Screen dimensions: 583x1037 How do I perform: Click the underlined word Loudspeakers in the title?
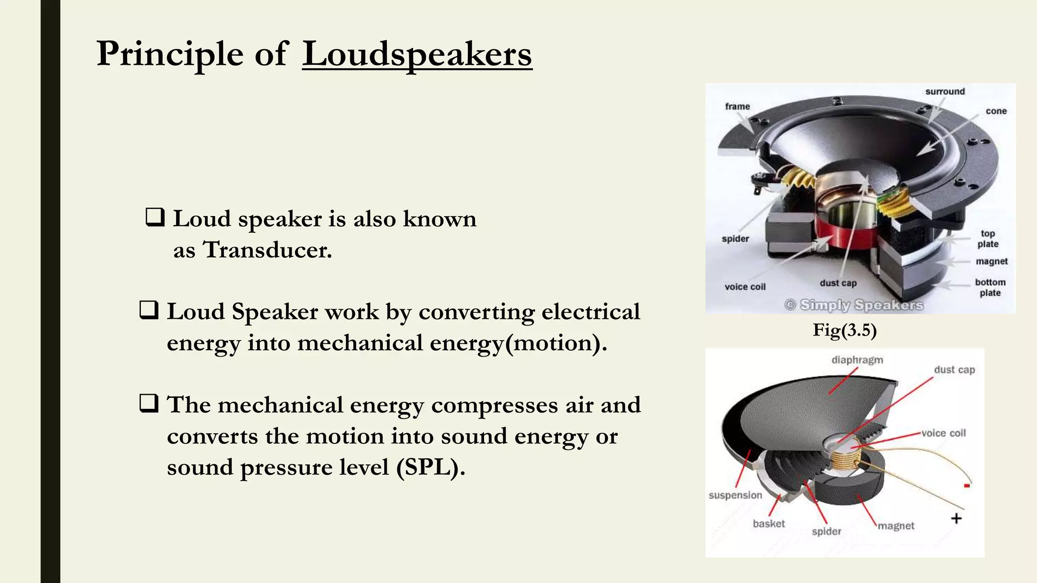(417, 54)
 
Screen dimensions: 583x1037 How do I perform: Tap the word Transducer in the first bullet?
(267, 250)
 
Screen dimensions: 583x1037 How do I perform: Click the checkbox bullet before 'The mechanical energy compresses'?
(149, 403)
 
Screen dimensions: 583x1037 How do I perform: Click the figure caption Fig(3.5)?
(845, 330)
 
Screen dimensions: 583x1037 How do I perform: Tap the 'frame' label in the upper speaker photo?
(737, 106)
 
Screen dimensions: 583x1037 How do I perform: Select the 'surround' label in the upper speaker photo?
(945, 92)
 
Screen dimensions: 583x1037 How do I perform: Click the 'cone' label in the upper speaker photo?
(996, 111)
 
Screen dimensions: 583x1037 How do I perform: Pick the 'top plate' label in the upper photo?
(988, 239)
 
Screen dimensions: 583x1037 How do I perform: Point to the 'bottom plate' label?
(990, 287)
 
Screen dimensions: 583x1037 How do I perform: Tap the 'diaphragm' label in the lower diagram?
(857, 360)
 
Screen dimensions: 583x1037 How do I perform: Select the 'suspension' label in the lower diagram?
(735, 495)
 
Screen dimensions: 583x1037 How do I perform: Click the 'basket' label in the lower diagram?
(768, 524)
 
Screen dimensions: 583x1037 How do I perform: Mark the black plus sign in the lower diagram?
(956, 518)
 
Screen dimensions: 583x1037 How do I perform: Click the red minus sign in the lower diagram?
(967, 486)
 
